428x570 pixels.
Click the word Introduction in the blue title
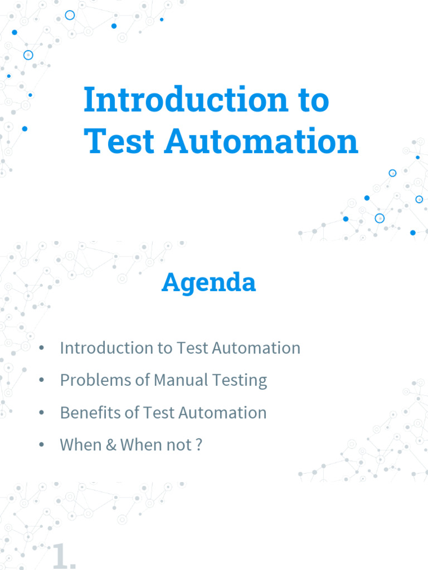186,99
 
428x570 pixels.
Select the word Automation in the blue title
261,141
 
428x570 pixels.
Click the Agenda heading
208,283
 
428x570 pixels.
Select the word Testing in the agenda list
240,381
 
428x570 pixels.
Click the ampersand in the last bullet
111,445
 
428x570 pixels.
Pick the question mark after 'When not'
199,445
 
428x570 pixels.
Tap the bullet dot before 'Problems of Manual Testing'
41,380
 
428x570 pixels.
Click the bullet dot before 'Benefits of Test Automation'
41,412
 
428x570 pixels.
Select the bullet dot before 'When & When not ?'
41,445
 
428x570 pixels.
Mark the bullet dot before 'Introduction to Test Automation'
41,348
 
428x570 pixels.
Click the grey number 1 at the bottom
60,556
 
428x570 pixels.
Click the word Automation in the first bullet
256,348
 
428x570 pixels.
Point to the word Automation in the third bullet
222,412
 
